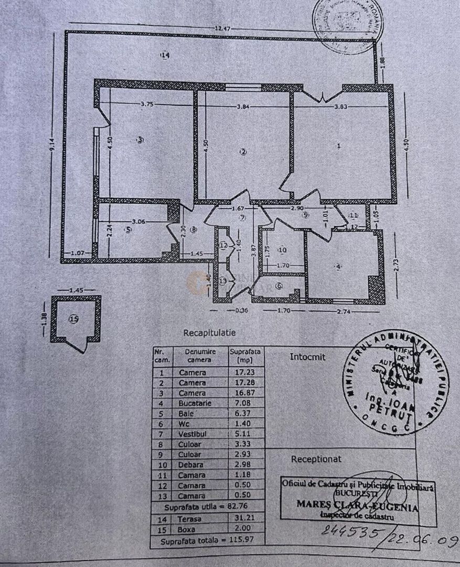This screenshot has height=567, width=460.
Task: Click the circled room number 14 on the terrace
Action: pyautogui.click(x=166, y=55)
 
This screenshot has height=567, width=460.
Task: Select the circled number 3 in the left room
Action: pyautogui.click(x=140, y=140)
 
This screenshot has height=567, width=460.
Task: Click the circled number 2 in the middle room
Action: pyautogui.click(x=243, y=152)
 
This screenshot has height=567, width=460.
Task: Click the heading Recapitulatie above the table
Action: pyautogui.click(x=209, y=333)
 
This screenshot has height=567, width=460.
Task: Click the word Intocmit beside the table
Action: pyautogui.click(x=307, y=357)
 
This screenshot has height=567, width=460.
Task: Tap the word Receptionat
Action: pyautogui.click(x=316, y=459)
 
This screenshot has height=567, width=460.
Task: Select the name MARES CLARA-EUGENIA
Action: pyautogui.click(x=357, y=507)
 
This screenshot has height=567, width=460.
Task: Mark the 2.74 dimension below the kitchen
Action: pyautogui.click(x=344, y=312)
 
